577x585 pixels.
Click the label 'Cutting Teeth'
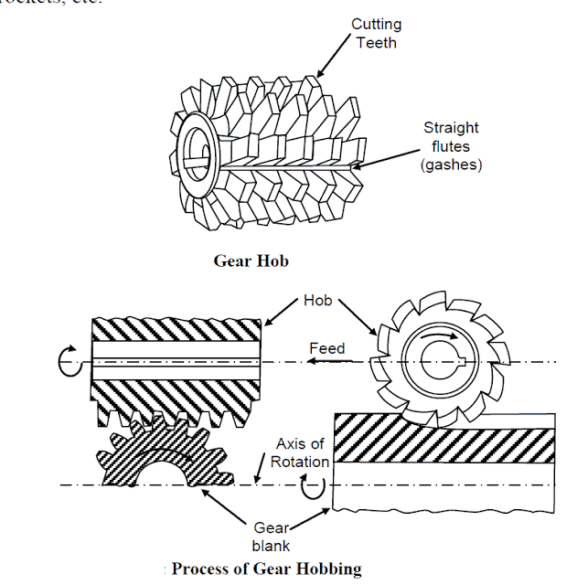(x=376, y=32)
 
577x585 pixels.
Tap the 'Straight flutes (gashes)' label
(x=450, y=145)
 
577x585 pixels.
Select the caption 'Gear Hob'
(x=251, y=261)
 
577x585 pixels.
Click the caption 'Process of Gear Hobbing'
(x=266, y=568)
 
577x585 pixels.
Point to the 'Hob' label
(x=319, y=299)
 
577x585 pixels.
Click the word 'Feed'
(x=326, y=348)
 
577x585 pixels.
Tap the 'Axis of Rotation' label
(x=299, y=452)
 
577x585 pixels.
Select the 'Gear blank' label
(x=271, y=537)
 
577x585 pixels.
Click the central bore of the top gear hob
(x=195, y=150)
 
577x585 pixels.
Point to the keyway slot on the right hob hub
(x=467, y=363)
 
